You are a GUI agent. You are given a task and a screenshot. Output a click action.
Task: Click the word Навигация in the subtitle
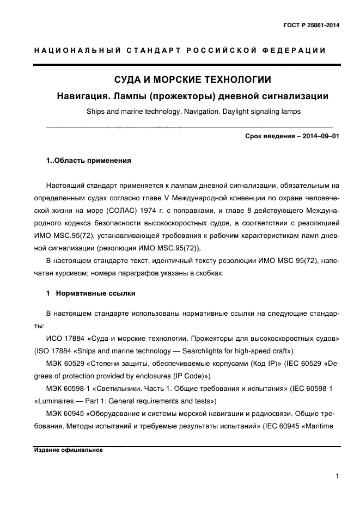[x=85, y=97]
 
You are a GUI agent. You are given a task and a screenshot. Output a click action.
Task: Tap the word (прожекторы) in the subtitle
[x=181, y=97]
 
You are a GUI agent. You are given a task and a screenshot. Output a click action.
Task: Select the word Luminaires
[x=56, y=402]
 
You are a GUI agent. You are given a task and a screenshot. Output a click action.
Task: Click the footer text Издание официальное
[x=68, y=450]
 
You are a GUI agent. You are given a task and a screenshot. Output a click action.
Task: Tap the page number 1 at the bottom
[x=338, y=477]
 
